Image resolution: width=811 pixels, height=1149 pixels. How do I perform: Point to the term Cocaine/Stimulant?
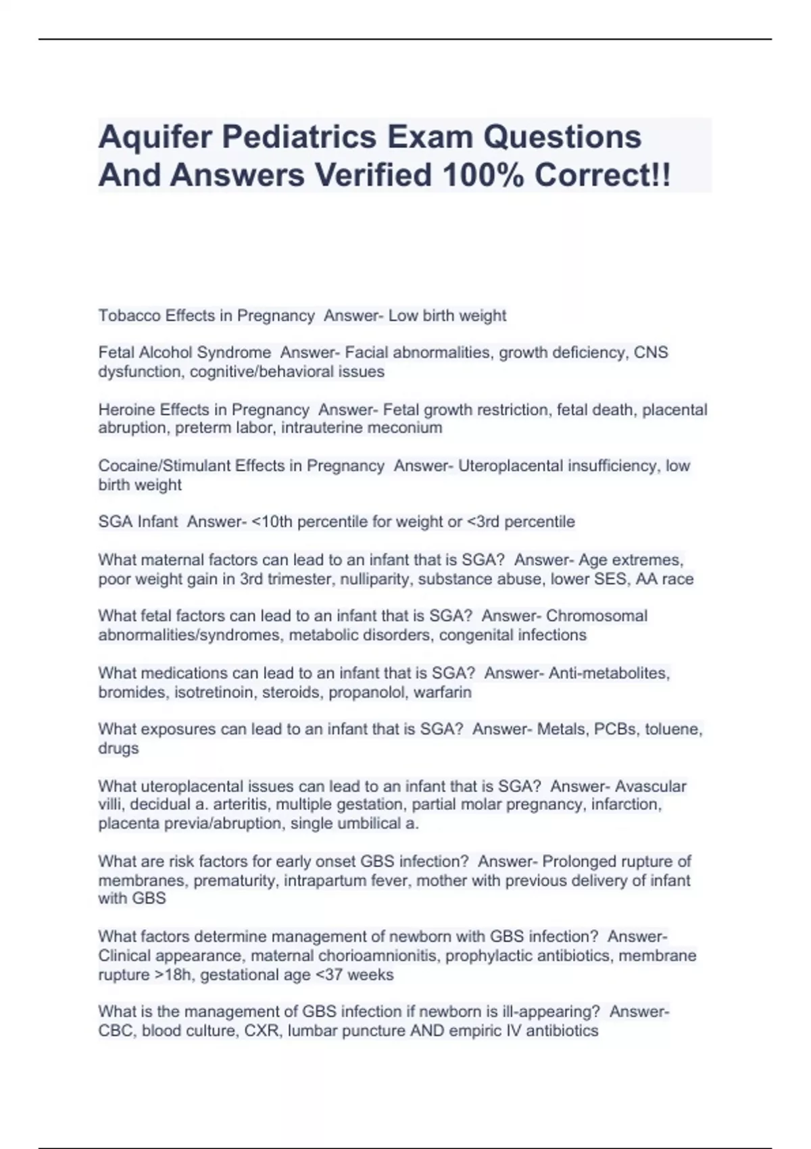[x=166, y=466]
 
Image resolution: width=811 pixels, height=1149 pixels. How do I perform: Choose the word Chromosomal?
[x=596, y=616]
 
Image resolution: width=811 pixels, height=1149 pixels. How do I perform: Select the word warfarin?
[x=442, y=692]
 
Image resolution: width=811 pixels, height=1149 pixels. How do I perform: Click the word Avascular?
[x=650, y=786]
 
